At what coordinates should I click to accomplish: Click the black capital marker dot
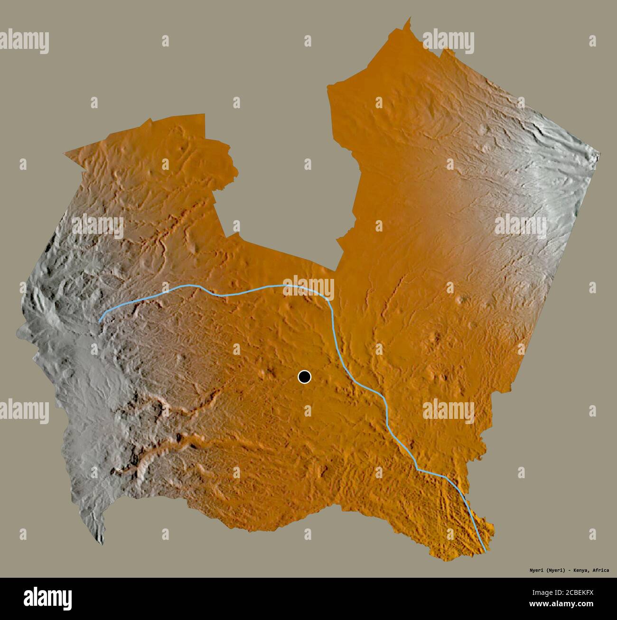[304, 377]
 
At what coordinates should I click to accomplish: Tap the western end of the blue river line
[99, 322]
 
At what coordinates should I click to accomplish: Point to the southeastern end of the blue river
[485, 551]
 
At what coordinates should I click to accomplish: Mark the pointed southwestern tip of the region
[102, 544]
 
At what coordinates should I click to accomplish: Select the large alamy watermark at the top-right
[448, 41]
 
